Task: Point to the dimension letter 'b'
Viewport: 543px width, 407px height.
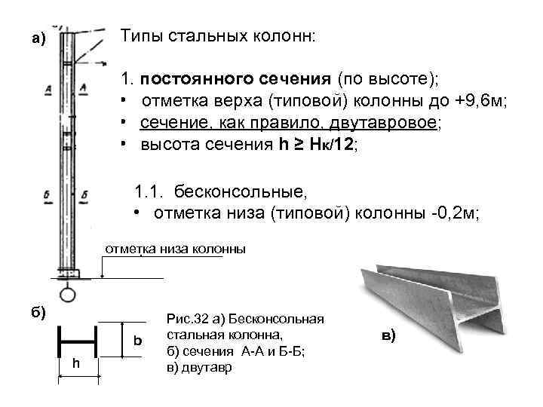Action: (137, 340)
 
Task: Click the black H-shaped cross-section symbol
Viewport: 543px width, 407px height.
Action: (78, 341)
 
